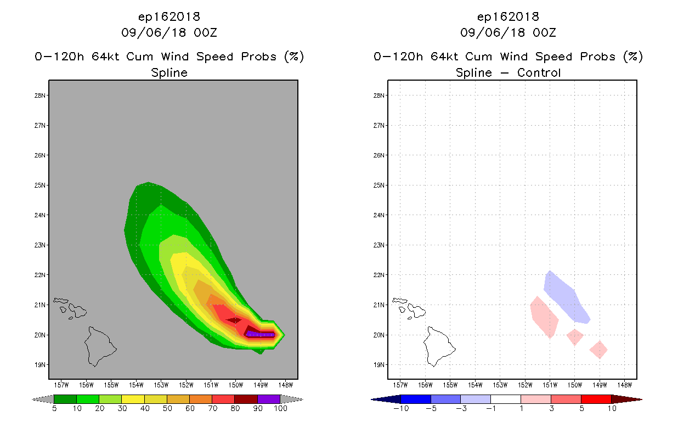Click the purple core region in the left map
click(261, 334)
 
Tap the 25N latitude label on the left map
click(39, 185)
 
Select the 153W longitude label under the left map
click(161, 385)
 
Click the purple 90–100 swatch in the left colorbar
click(269, 399)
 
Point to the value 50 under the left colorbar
click(167, 408)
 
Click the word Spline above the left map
click(169, 72)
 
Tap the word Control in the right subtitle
click(539, 72)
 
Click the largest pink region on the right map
click(544, 317)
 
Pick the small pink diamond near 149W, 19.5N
click(598, 350)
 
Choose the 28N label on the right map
click(378, 95)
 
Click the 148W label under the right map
click(624, 385)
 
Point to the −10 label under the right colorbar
click(401, 408)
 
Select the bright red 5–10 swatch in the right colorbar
click(596, 399)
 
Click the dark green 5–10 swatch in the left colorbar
click(65, 399)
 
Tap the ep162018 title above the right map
click(508, 17)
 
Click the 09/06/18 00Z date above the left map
click(169, 32)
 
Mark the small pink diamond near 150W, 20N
click(575, 337)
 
